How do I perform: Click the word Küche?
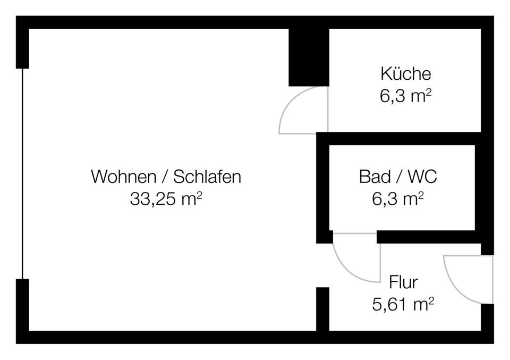tap(405, 73)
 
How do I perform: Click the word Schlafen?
tap(207, 176)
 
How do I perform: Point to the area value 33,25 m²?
tap(166, 199)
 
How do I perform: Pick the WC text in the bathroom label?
tap(423, 176)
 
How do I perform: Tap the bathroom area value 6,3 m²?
tap(398, 199)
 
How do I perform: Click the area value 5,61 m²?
tap(403, 304)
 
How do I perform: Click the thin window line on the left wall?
tap(22, 173)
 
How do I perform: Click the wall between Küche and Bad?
tap(398, 139)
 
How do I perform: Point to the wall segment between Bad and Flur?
tap(425, 237)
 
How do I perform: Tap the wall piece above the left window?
tap(22, 48)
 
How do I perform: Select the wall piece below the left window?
tap(22, 306)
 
